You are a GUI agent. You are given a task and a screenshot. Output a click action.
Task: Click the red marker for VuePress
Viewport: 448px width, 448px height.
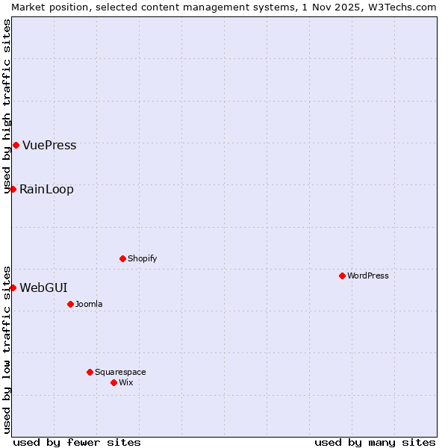[16, 145]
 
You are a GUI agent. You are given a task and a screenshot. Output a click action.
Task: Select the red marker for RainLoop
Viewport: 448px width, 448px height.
[13, 189]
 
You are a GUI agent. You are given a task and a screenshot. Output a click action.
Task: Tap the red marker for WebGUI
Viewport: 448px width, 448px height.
[13, 287]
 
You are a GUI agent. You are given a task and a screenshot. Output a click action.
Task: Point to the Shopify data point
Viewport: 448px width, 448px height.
[122, 258]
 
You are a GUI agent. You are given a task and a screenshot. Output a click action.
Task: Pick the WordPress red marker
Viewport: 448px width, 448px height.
[342, 276]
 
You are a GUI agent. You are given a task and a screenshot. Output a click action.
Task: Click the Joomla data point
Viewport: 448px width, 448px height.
[70, 304]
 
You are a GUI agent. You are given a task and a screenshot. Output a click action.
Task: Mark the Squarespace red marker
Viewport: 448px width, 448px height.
[90, 372]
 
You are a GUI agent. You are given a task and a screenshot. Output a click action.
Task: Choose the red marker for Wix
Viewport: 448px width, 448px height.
[113, 382]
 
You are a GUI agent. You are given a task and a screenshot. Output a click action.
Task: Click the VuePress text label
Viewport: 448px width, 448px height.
[49, 146]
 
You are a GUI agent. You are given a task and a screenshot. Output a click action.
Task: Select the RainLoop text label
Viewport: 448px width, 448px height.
[46, 190]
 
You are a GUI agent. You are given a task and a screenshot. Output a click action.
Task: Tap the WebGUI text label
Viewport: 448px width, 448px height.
[43, 288]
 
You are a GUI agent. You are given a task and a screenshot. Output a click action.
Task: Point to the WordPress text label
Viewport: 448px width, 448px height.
[368, 276]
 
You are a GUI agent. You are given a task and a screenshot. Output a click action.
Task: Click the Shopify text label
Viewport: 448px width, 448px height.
[142, 259]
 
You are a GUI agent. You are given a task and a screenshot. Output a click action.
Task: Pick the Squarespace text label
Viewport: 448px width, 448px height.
[120, 373]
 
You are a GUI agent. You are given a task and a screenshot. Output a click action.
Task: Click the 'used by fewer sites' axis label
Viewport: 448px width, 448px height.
[77, 442]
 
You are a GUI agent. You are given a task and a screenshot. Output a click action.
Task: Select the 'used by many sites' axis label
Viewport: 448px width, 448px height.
[375, 442]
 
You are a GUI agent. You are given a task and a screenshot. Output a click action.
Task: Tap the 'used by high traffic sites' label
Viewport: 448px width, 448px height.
[7, 106]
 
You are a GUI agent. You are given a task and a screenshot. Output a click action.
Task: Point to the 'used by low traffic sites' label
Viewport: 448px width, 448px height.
[7, 349]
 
